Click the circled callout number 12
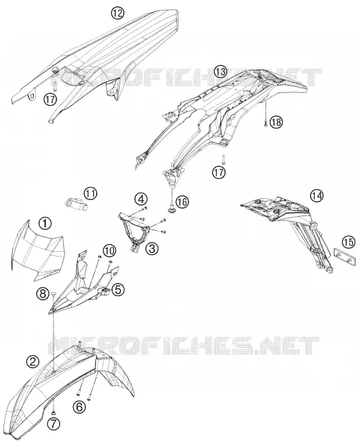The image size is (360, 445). (x=117, y=13)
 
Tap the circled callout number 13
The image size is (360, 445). (x=220, y=72)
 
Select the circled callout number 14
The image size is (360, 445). (x=317, y=195)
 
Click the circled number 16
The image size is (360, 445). (x=181, y=202)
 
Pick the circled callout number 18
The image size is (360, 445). (x=276, y=122)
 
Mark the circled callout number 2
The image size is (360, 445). (x=33, y=362)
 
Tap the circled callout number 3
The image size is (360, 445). (x=152, y=249)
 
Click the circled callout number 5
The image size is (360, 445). (x=118, y=290)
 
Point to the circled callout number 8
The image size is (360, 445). (x=42, y=293)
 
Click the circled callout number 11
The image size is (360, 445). (x=90, y=194)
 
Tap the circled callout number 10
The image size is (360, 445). (x=110, y=250)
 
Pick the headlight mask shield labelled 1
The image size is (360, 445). (x=38, y=250)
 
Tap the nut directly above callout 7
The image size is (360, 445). (x=54, y=412)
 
